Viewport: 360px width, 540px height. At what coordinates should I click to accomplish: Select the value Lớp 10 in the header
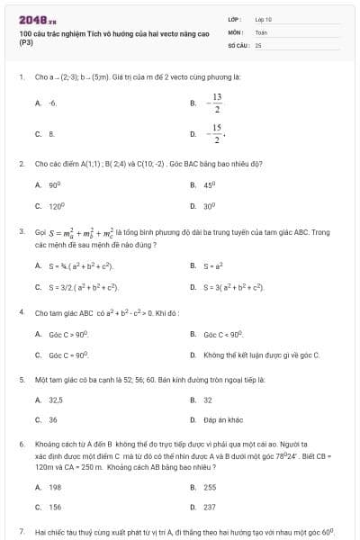click(263, 18)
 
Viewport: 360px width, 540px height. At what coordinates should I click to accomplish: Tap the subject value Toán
click(261, 31)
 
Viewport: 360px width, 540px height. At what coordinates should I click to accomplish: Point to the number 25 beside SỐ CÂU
click(258, 44)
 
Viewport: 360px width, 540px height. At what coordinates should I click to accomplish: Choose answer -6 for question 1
click(52, 103)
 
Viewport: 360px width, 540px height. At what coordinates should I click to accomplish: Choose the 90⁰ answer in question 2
click(54, 184)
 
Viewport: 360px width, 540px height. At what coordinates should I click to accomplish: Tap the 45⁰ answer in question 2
click(210, 184)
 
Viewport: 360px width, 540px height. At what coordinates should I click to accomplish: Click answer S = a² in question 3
click(213, 265)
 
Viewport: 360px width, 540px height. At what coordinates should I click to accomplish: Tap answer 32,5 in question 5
click(56, 400)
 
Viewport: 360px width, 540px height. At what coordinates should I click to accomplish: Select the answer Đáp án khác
click(221, 420)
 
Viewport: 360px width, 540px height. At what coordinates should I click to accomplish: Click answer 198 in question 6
click(55, 487)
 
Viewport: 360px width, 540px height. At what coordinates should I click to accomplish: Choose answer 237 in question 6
click(210, 508)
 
